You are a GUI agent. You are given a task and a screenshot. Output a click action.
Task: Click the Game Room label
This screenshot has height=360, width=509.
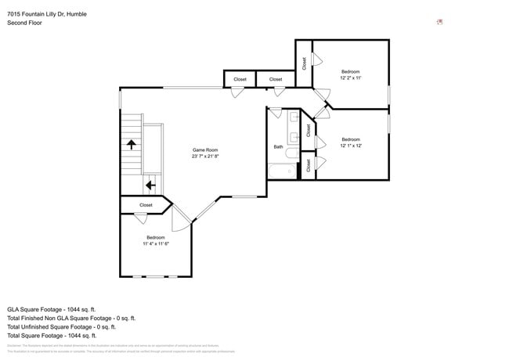(x=205, y=149)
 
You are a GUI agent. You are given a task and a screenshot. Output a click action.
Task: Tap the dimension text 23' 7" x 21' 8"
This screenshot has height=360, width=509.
(x=205, y=157)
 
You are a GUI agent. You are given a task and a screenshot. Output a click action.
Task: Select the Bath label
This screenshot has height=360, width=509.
(x=278, y=147)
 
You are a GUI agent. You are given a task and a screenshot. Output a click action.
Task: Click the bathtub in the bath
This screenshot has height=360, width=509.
(x=281, y=171)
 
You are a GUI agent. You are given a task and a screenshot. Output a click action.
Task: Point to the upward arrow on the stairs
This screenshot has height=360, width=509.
(x=132, y=145)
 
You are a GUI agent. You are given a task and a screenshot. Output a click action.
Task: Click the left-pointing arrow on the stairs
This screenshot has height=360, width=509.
(x=150, y=185)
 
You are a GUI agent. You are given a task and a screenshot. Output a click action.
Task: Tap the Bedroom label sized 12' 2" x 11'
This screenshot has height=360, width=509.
(x=350, y=71)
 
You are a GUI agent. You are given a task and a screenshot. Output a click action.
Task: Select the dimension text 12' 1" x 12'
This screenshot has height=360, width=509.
(x=350, y=146)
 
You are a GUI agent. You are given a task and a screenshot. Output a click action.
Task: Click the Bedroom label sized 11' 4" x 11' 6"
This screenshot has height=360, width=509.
(x=156, y=237)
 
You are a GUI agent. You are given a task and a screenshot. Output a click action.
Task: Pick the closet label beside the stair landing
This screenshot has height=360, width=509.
(x=146, y=205)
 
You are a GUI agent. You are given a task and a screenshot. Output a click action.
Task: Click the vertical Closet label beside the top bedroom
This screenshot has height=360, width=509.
(x=304, y=64)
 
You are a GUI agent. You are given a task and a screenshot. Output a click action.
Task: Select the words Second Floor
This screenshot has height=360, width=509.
(x=24, y=23)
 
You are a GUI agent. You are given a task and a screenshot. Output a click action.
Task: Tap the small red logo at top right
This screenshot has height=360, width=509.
(x=439, y=22)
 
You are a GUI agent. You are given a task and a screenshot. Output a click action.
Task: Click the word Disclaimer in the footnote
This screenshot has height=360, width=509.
(x=14, y=345)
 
